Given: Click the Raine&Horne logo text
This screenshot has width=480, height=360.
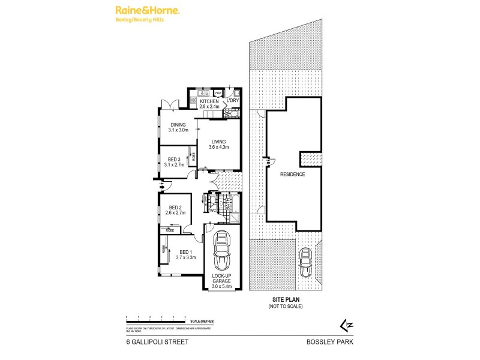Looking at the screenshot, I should tap(140, 11).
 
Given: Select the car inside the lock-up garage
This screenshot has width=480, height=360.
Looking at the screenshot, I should tap(221, 250).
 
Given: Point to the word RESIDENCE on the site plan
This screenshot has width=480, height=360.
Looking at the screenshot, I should tap(293, 175).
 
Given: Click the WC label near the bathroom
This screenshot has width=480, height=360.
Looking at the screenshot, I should tap(212, 210).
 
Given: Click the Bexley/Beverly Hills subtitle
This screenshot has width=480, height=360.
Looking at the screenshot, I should tap(139, 20).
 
